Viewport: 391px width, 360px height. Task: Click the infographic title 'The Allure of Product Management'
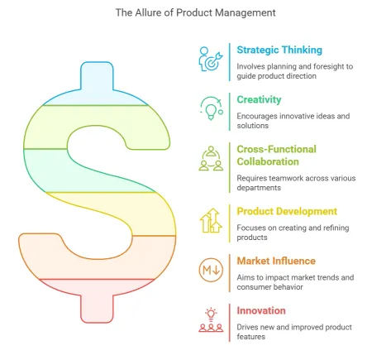click(x=195, y=12)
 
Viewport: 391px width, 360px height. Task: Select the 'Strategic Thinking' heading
click(x=279, y=50)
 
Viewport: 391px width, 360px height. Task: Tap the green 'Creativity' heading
click(x=259, y=99)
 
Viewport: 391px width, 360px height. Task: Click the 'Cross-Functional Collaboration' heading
click(x=277, y=156)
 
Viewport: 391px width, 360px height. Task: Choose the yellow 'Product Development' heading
click(x=287, y=211)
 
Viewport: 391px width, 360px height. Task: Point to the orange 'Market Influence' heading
click(x=276, y=261)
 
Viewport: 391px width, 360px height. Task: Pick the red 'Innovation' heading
click(x=261, y=310)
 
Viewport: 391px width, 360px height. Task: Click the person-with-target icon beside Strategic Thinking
click(x=211, y=59)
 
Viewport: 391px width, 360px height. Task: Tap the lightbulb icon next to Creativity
click(x=212, y=108)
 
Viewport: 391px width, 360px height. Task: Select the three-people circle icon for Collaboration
click(x=211, y=158)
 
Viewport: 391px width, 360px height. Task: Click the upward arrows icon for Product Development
click(x=211, y=220)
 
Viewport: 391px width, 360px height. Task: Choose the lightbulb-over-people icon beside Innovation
click(x=211, y=320)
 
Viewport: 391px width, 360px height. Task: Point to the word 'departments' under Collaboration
click(x=259, y=188)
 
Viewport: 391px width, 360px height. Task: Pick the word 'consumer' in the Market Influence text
click(x=253, y=287)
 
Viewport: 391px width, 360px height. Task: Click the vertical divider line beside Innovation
click(x=229, y=323)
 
